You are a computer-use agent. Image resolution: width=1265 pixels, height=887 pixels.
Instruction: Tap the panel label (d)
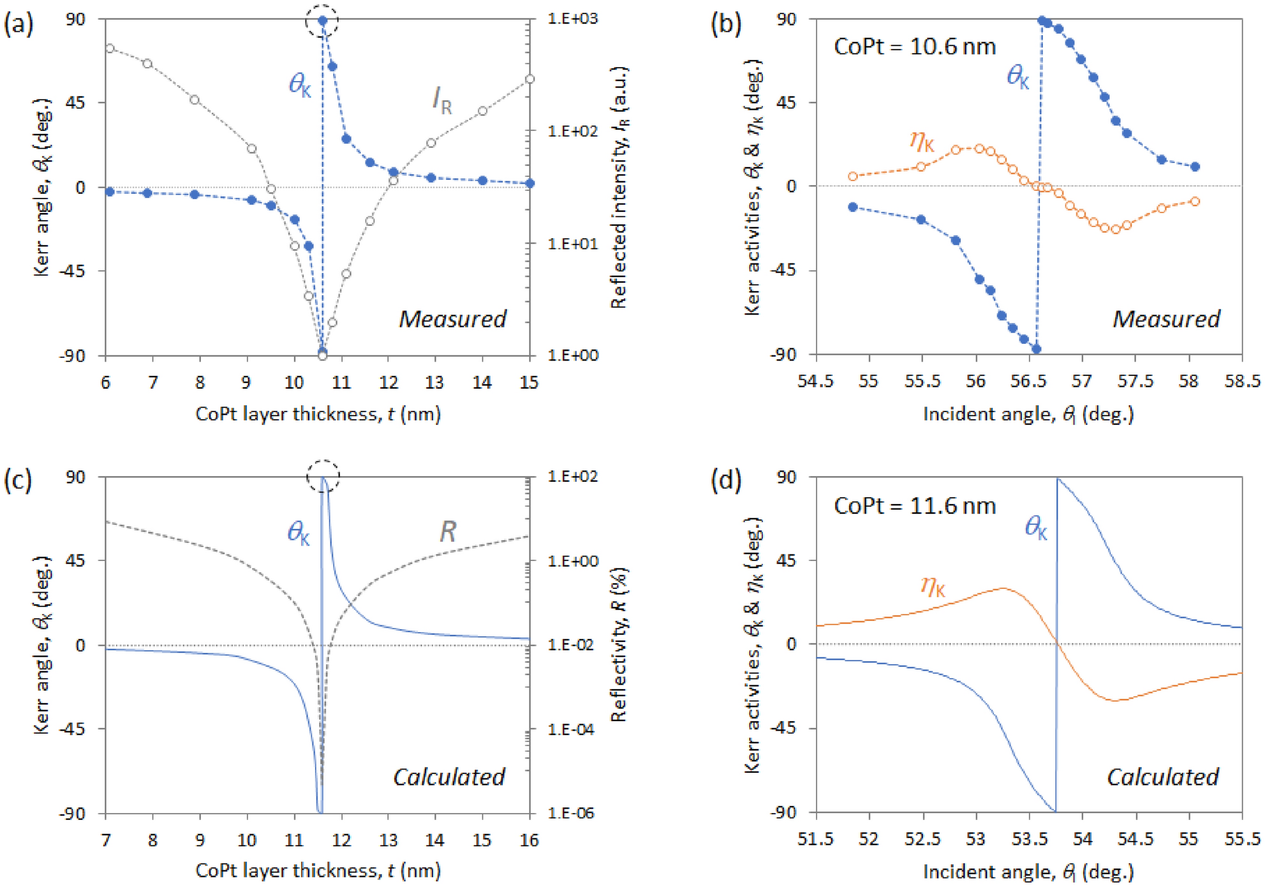pos(726,481)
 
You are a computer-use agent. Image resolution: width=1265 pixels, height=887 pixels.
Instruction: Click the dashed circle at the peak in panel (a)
pos(322,21)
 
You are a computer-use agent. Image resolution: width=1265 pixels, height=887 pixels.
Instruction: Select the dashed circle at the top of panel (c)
pos(323,476)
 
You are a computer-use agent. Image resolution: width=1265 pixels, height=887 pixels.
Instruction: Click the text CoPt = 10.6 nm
pos(915,47)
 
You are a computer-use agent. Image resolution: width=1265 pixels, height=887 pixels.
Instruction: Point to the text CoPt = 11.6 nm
pos(915,506)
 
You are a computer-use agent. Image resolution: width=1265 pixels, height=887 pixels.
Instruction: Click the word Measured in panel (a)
pos(452,318)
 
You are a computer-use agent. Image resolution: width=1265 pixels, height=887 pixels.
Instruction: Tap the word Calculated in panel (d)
pos(1162,777)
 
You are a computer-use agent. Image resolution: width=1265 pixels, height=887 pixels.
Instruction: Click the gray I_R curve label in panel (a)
pos(441,100)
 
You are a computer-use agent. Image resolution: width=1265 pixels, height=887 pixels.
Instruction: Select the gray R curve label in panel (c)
pos(448,531)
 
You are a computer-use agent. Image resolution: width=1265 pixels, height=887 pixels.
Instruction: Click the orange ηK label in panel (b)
pos(922,140)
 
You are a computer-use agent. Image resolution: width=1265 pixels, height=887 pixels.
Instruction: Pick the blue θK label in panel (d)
pos(1036,527)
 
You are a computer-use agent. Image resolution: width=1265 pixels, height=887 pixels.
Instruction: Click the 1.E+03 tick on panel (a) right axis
pos(573,19)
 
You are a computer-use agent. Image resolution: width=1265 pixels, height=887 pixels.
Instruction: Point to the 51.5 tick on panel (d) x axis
pos(815,839)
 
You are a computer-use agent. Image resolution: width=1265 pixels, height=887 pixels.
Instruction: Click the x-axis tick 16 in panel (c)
pos(529,840)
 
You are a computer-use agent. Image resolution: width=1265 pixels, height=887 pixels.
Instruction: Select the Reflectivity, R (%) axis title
pos(618,645)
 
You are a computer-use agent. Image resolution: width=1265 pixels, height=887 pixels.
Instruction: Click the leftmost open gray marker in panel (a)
pos(110,48)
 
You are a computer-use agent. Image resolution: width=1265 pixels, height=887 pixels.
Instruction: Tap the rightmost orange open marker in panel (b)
pos(1195,202)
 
